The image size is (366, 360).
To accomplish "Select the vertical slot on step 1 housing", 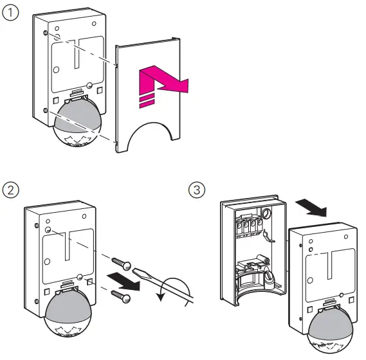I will tap(75, 55).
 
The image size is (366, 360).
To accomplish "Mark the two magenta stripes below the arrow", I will tap(147, 98).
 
